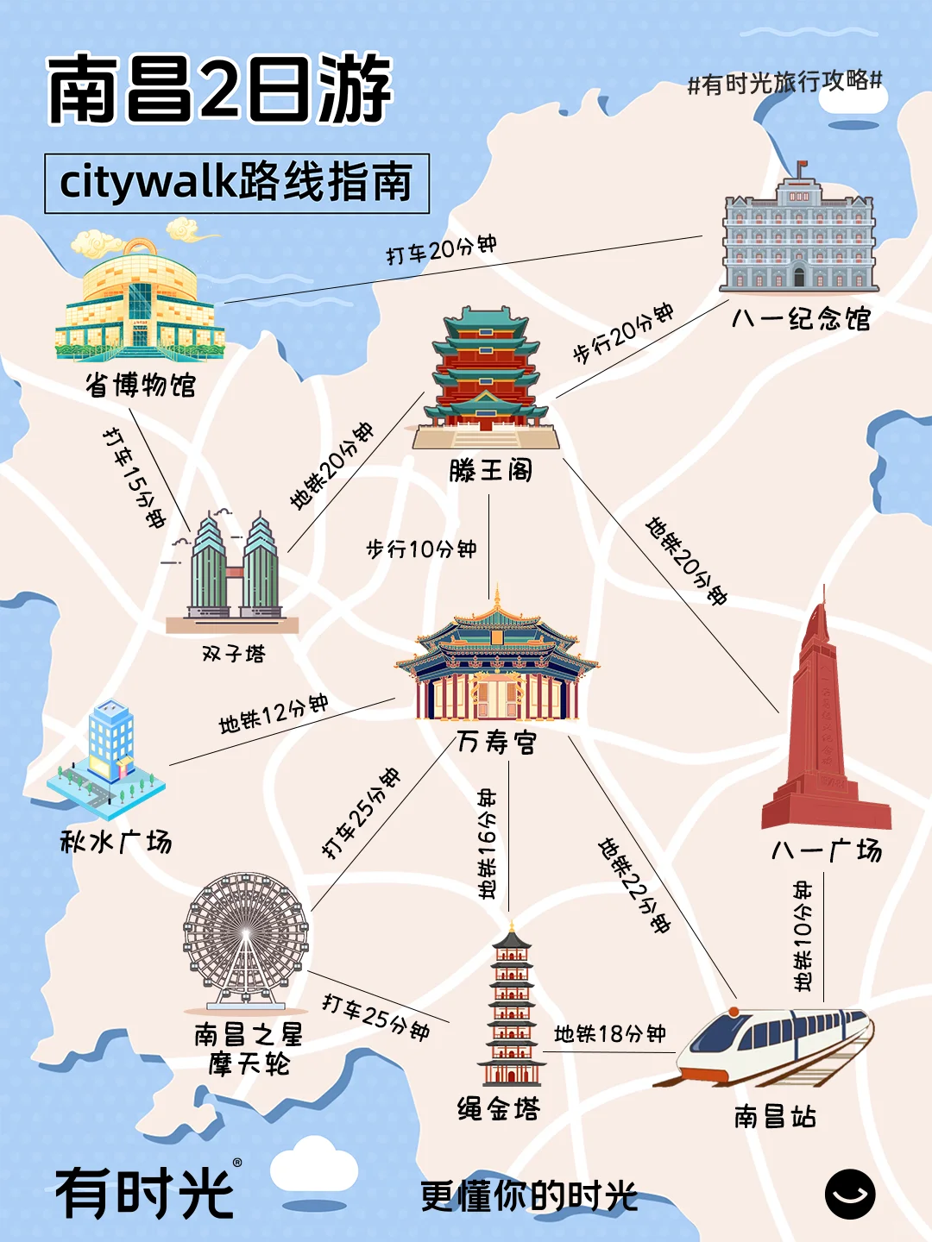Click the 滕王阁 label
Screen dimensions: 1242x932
click(x=490, y=470)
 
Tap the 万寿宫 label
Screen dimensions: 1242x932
click(x=496, y=742)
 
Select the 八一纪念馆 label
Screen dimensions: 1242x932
click(x=801, y=319)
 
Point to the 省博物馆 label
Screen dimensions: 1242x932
click(x=141, y=385)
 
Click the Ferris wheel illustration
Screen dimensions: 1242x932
click(x=246, y=940)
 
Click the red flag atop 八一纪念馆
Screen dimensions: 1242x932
click(x=802, y=166)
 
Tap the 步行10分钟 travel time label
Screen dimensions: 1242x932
click(x=421, y=549)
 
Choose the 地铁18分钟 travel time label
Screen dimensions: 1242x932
click(x=609, y=1033)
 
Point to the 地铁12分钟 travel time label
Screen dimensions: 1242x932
click(x=273, y=713)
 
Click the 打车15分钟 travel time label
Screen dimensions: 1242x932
click(x=134, y=477)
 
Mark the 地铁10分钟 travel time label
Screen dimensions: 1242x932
click(x=803, y=936)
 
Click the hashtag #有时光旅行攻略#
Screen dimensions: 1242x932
click(x=784, y=83)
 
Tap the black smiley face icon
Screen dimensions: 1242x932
click(x=850, y=1195)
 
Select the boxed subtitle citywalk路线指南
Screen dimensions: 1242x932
click(x=236, y=183)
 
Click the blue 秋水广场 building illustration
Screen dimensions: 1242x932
click(x=107, y=759)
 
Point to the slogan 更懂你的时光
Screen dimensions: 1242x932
click(x=528, y=1196)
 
